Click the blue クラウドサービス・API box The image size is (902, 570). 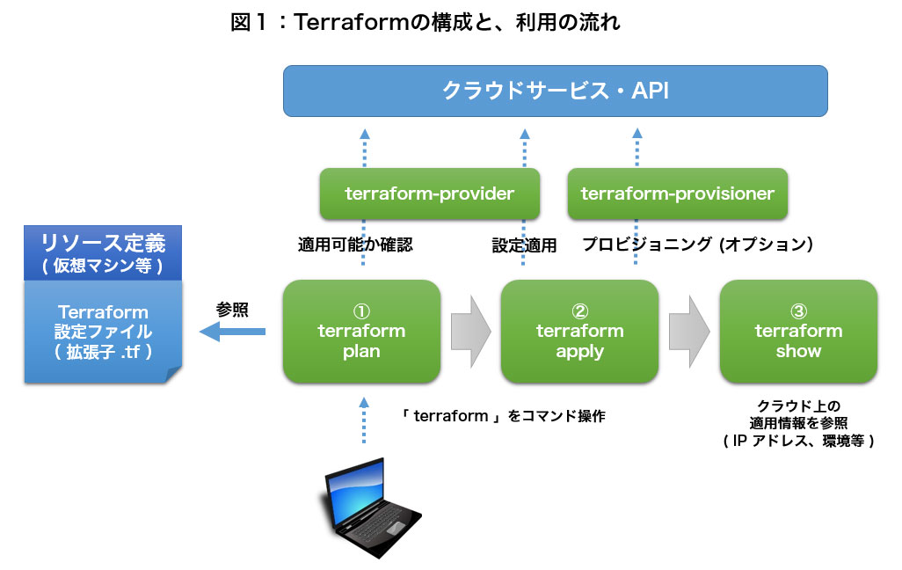point(555,91)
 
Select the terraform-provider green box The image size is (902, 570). point(429,194)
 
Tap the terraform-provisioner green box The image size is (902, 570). point(677,194)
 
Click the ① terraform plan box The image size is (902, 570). point(361,331)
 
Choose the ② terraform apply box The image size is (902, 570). point(579,331)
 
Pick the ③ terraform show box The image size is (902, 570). point(797,331)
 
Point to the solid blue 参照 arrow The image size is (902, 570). point(233,332)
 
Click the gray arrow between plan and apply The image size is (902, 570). point(470,332)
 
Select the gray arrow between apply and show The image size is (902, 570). point(688,332)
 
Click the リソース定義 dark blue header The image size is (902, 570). point(103,251)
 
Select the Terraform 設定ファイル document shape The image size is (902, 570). point(103,332)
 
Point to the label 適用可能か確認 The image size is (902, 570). point(355,245)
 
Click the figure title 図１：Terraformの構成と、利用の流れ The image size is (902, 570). point(426,23)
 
